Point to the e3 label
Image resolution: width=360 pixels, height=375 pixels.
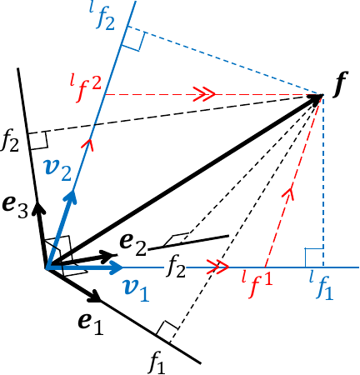click(x=17, y=202)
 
